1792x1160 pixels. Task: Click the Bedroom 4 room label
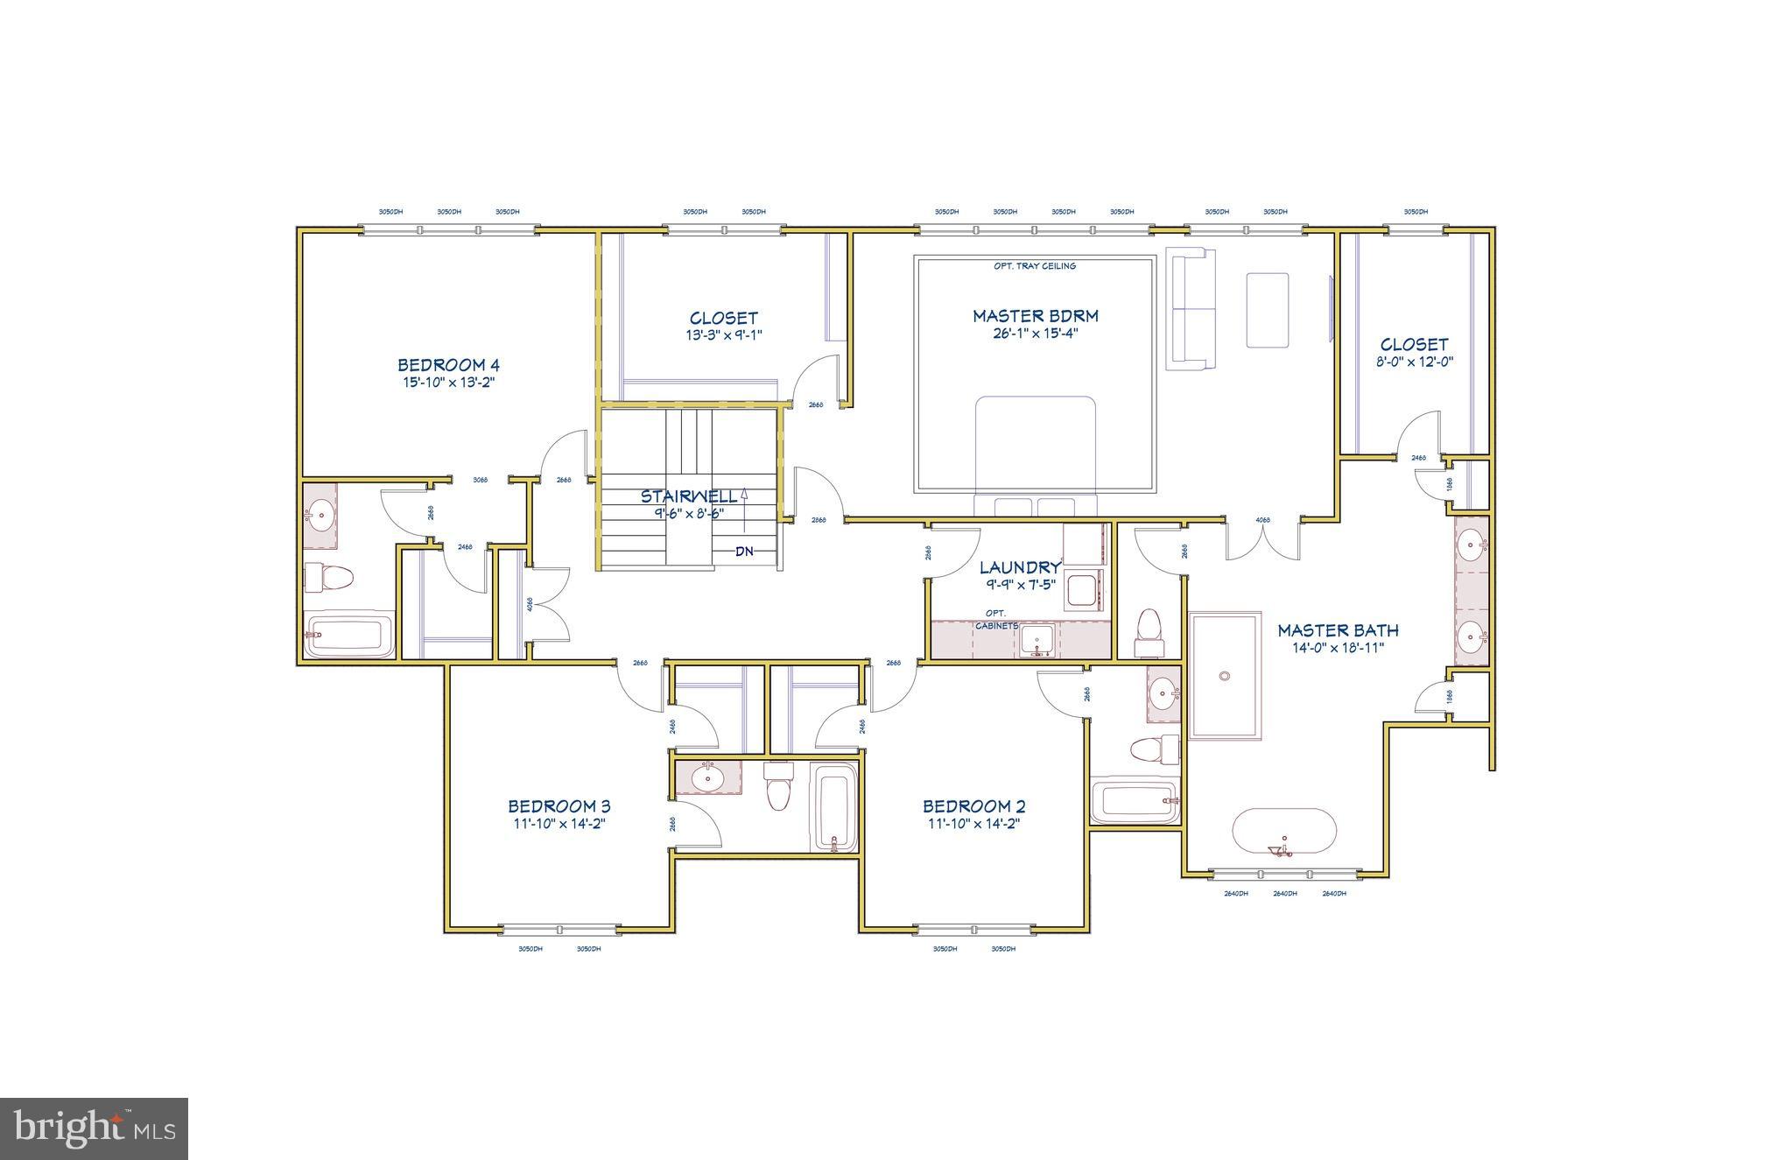(x=448, y=365)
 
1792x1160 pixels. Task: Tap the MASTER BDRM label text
(x=1035, y=316)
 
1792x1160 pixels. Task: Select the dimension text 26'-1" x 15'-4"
(x=1035, y=334)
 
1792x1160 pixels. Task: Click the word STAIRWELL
(x=688, y=496)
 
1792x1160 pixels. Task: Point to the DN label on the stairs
(x=744, y=552)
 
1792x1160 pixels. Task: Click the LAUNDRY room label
(x=1019, y=568)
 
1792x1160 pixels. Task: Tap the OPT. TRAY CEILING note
(x=1034, y=266)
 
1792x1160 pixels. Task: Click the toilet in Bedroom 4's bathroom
(x=328, y=578)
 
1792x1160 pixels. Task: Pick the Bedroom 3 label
(x=559, y=806)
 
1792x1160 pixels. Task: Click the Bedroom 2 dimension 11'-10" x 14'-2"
(x=973, y=824)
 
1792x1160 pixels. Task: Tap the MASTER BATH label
(x=1337, y=630)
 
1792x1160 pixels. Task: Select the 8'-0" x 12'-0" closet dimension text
(x=1415, y=362)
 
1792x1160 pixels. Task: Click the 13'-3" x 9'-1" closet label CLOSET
(x=723, y=318)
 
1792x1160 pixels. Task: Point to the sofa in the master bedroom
(x=1191, y=308)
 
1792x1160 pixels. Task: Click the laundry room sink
(x=1040, y=641)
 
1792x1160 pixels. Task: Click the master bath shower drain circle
(x=1225, y=676)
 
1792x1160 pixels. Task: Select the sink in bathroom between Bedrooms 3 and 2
(x=706, y=777)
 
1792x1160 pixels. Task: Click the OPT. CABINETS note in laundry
(x=996, y=619)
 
